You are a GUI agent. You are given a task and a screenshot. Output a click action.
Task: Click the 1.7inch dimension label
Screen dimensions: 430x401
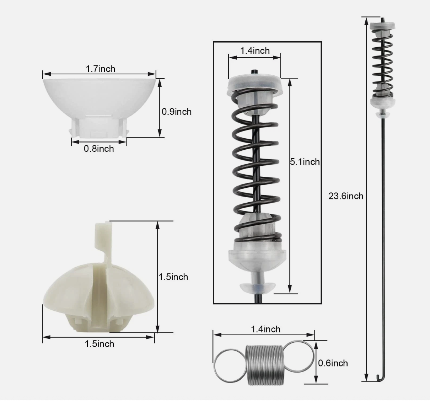101,69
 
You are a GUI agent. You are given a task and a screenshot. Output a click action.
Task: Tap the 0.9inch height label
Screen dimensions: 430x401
177,112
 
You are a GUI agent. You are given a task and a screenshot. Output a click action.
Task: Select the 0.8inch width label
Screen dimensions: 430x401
99,149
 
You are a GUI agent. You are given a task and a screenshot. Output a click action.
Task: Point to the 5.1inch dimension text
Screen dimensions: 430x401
305,162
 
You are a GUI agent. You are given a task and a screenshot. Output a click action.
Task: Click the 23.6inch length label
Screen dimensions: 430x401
346,196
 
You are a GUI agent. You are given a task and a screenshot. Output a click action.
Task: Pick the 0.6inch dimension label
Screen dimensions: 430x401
333,363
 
